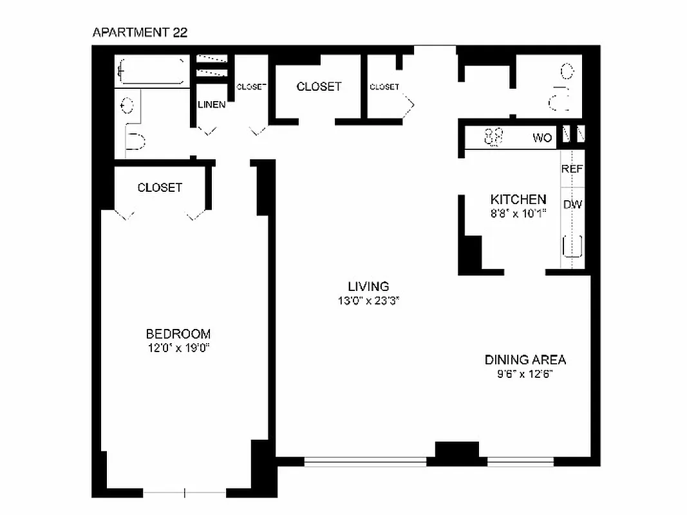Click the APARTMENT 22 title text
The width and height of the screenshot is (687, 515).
coord(140,32)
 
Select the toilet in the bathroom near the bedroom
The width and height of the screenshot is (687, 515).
coord(135,141)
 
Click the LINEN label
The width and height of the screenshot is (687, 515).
coord(211,104)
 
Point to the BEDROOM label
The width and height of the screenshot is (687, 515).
coord(178,333)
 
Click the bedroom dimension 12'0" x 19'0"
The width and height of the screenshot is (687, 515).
coord(178,348)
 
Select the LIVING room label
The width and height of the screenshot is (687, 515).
coord(368,286)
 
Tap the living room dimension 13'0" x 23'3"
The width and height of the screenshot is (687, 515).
coord(368,301)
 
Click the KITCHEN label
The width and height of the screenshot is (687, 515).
coord(518,199)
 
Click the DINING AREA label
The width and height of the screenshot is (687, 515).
coord(525,360)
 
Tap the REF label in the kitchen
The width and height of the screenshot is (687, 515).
coord(572,169)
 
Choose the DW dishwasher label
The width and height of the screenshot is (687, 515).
coord(572,205)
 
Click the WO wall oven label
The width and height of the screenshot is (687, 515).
coord(542,138)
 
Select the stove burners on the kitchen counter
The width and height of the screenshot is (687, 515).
coord(494,137)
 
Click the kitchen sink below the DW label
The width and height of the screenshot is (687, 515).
coord(572,247)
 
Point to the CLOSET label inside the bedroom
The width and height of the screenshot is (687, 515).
coord(160,187)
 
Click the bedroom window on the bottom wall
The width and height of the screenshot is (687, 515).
coord(185,493)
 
